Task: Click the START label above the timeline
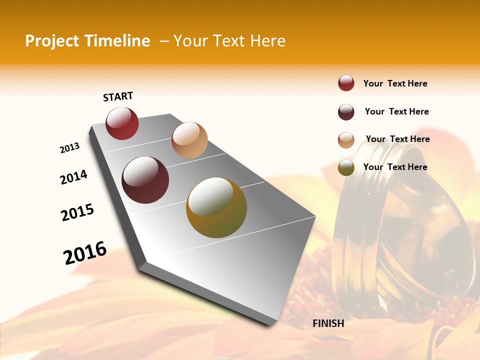[x=118, y=96]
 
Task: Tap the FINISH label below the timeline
[x=328, y=323]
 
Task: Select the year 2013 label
[x=69, y=148]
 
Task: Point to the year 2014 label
[x=73, y=177]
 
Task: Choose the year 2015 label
[x=77, y=212]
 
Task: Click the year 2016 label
[x=85, y=252]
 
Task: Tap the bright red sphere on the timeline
[x=122, y=123]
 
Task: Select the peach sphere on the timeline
[x=189, y=140]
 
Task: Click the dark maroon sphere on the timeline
[x=145, y=180]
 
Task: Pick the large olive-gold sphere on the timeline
[x=216, y=207]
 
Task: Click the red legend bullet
[x=346, y=83]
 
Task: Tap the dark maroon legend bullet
[x=346, y=112]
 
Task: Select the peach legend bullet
[x=346, y=140]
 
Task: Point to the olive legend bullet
[x=346, y=167]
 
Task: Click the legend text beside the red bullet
[x=395, y=83]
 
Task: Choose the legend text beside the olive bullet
[x=395, y=167]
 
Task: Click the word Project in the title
[x=51, y=41]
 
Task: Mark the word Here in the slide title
[x=267, y=41]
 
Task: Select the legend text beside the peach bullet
[x=397, y=139]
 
